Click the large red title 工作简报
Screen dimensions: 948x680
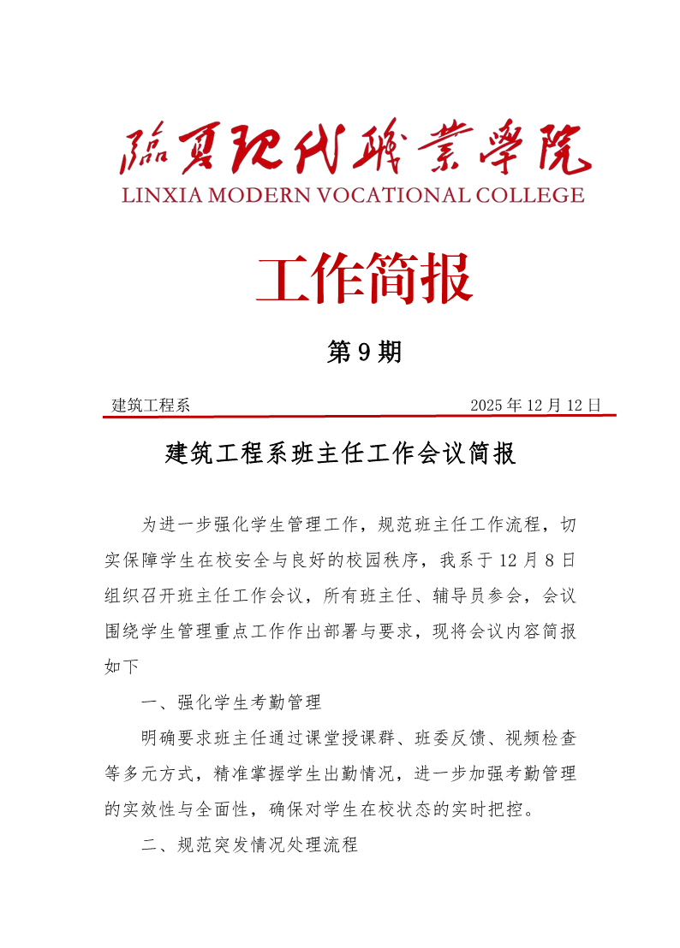pyautogui.click(x=364, y=279)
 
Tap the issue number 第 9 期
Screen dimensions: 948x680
pyautogui.click(x=364, y=352)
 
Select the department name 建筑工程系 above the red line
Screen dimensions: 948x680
pyautogui.click(x=151, y=405)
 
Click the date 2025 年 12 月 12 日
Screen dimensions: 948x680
pyautogui.click(x=535, y=405)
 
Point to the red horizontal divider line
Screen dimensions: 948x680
pyautogui.click(x=360, y=416)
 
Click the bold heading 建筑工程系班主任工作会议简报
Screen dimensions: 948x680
pyautogui.click(x=340, y=453)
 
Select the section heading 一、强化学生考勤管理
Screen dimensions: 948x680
pyautogui.click(x=231, y=703)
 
